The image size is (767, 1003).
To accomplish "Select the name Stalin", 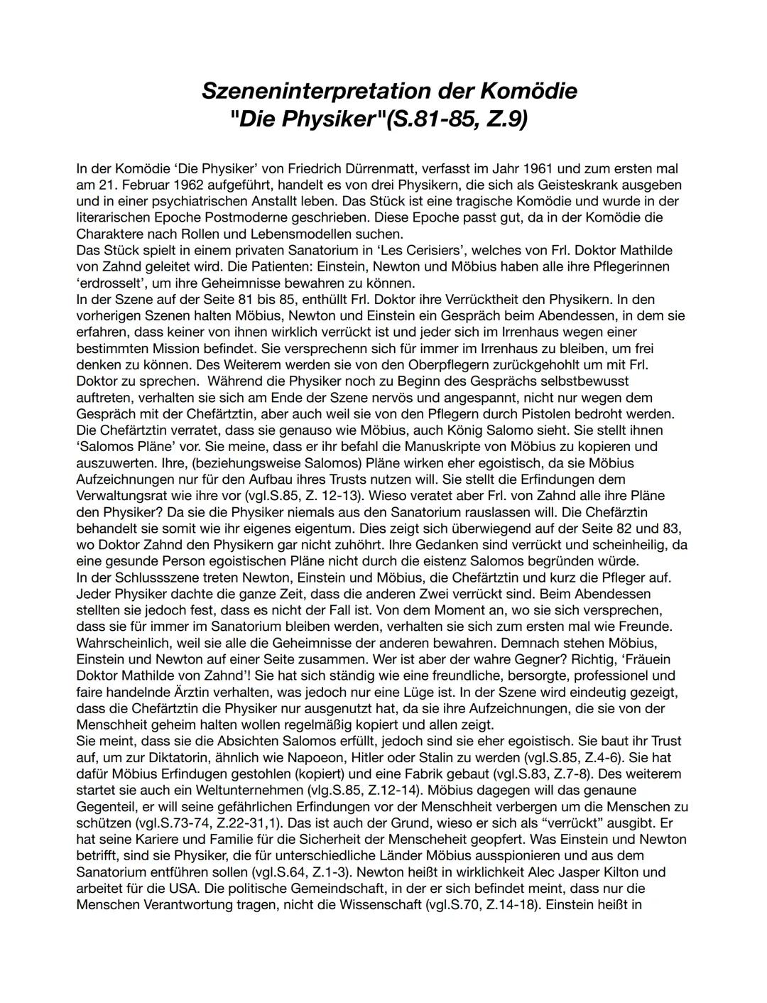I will coord(468,757).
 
